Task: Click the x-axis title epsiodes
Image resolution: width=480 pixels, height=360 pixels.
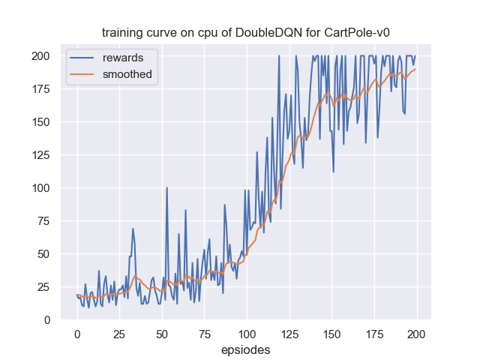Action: [246, 349]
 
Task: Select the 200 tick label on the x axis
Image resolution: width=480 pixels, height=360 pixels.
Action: [416, 332]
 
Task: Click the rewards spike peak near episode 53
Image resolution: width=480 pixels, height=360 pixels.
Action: [166, 187]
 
